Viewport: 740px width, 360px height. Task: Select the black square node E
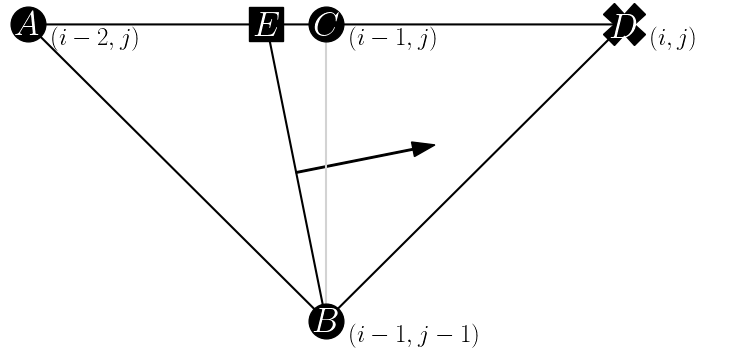tap(266, 25)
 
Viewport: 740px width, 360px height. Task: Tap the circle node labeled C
tap(326, 25)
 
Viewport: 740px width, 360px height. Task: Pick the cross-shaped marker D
tap(625, 25)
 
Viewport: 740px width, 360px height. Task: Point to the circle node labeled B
tap(326, 322)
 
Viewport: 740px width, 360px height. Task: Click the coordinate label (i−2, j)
tap(94, 40)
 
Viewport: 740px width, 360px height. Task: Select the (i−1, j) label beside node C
tap(392, 40)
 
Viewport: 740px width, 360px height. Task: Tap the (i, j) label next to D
tap(672, 40)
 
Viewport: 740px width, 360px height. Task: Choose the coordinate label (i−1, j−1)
tap(413, 335)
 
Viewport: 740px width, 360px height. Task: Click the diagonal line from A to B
tap(175, 171)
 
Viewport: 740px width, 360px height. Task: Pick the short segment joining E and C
tap(296, 25)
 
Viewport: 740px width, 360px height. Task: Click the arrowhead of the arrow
tap(424, 148)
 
